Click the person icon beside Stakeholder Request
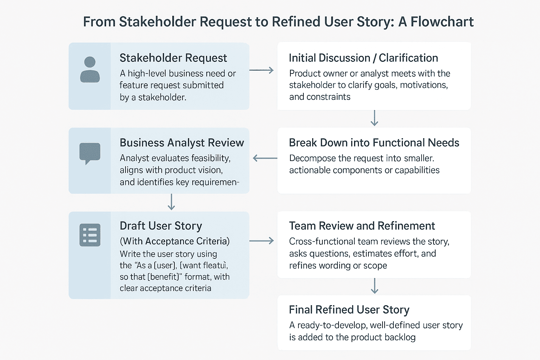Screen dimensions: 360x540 click(x=90, y=70)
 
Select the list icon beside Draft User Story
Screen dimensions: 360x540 click(x=90, y=235)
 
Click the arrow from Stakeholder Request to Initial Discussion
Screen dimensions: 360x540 click(x=262, y=70)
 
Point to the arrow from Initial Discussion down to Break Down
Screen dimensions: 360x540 click(x=374, y=118)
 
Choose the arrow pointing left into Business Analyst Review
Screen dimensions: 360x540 click(x=265, y=158)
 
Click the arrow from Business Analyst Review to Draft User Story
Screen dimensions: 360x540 click(x=171, y=202)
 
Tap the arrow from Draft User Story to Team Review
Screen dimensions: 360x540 click(x=262, y=241)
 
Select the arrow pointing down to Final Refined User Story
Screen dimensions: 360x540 click(x=374, y=286)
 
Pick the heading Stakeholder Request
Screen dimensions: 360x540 click(x=173, y=58)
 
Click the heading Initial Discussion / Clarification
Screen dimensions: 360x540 click(x=363, y=58)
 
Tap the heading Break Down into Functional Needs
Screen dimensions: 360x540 click(x=374, y=142)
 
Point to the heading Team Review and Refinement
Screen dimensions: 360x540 click(x=362, y=226)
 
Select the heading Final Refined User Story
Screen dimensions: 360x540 click(x=349, y=310)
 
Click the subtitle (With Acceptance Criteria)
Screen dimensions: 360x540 click(x=175, y=241)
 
